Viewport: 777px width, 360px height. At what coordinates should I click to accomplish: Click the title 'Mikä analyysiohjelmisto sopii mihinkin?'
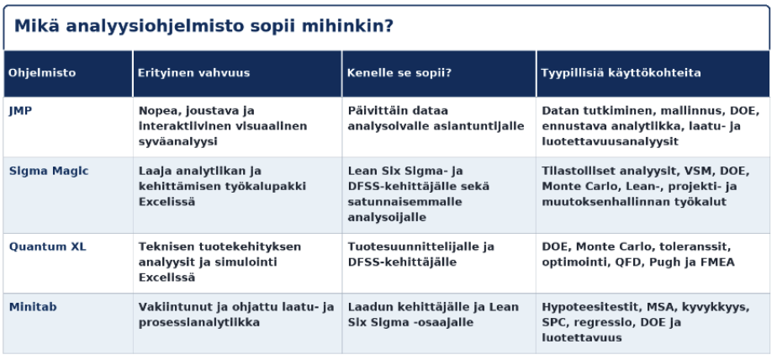203,26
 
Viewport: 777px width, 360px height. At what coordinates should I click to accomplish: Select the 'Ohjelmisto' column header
42,73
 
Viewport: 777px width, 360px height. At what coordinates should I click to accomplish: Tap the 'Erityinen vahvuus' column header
193,73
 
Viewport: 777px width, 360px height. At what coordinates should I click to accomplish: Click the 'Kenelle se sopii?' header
399,73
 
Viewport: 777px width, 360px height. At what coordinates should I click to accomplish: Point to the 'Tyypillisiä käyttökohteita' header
621,73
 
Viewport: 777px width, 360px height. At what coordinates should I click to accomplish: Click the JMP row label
20,110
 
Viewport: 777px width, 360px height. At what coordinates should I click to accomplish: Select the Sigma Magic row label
49,171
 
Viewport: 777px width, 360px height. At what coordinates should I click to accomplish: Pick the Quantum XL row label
48,246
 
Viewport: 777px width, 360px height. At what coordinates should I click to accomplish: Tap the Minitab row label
33,307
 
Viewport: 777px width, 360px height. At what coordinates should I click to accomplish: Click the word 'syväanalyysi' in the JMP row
178,142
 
